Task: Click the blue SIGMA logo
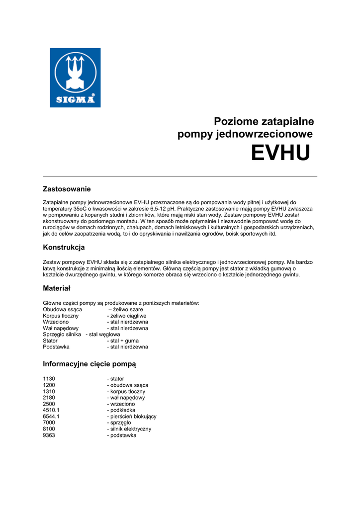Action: [75, 78]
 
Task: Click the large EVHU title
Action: [280, 153]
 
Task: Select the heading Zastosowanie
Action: [67, 189]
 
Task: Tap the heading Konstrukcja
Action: [64, 247]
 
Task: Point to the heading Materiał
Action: [57, 288]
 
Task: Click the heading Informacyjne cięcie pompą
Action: [90, 364]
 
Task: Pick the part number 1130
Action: [49, 379]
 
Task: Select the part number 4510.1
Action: [51, 410]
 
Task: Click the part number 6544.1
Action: [51, 417]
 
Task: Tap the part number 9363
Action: [49, 435]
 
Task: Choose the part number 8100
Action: [49, 429]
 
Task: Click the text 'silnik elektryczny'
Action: [131, 429]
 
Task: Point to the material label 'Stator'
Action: [50, 341]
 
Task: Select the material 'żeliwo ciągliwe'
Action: [128, 316]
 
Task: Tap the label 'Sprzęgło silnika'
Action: [62, 335]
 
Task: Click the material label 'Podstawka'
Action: [56, 347]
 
